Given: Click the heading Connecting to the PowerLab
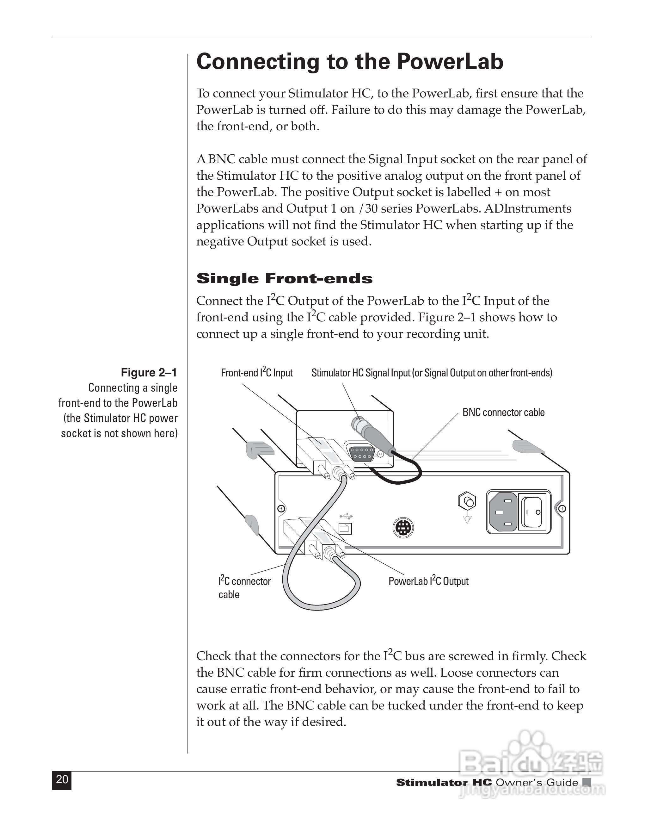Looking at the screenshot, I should (350, 62).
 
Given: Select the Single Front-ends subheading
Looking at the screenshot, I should (284, 278).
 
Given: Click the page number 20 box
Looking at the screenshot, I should (62, 780).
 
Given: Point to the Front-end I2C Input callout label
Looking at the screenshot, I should (257, 373).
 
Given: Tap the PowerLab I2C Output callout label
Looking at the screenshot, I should (428, 581).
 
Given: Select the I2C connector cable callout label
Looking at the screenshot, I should (244, 587).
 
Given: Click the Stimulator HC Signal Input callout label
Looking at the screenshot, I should (432, 373).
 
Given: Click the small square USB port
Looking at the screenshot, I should (345, 529).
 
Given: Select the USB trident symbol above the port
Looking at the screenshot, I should (346, 516).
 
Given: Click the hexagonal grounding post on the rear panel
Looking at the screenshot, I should (467, 502).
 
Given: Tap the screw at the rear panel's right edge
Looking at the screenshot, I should (562, 508).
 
